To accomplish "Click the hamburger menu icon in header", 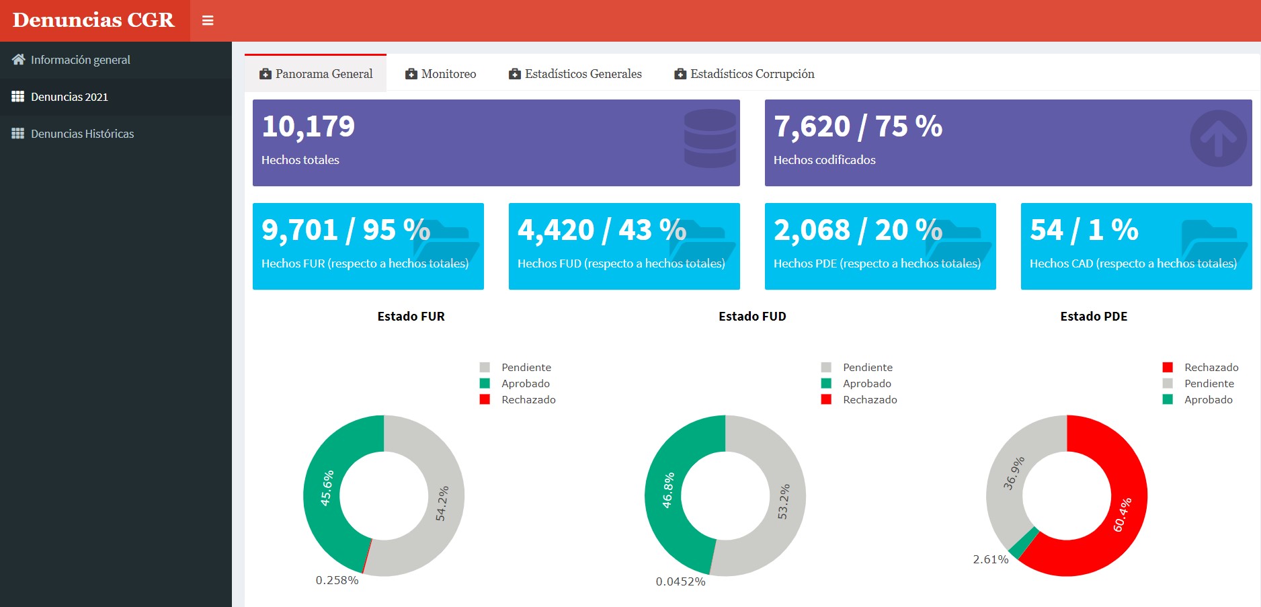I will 208,21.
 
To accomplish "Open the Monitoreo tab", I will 441,74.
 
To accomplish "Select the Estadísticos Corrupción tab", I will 745,74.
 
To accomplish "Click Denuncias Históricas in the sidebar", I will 82,134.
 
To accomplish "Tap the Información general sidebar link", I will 80,60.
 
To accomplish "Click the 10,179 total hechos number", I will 309,126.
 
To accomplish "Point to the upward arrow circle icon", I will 1218,138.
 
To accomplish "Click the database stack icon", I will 710,138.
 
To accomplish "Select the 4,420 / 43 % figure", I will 602,230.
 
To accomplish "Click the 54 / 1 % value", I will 1084,230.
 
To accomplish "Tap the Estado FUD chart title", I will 752,317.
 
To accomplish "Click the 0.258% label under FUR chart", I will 337,580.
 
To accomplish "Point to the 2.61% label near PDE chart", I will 990,559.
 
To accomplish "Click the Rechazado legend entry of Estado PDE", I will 1211,367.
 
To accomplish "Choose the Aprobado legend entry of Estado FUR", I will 525,383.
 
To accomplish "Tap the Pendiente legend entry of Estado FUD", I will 867,367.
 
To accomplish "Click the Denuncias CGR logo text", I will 93,20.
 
